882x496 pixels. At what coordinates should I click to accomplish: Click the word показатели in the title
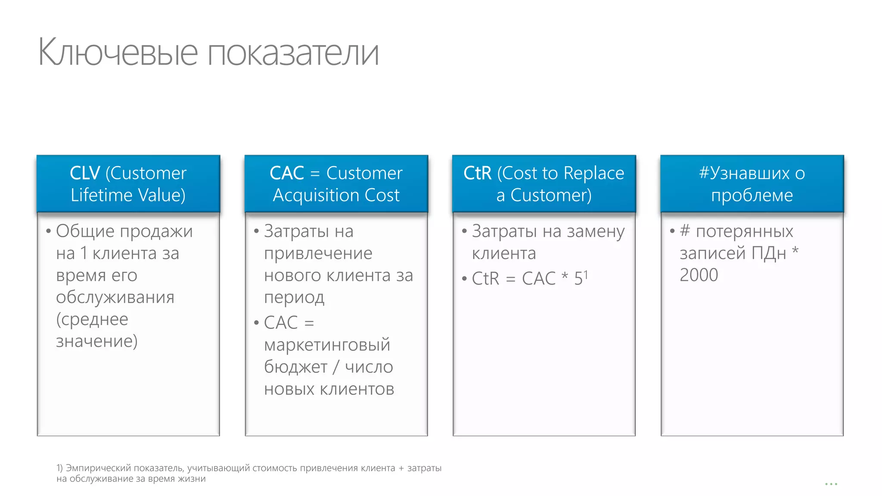(293, 53)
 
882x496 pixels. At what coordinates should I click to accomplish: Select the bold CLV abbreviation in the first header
(85, 173)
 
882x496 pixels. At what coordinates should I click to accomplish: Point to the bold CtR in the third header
(477, 173)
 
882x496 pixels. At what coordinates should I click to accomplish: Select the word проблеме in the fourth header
(752, 195)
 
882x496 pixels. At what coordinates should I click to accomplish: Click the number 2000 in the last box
(699, 275)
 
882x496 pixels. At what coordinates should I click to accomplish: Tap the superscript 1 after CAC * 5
(586, 275)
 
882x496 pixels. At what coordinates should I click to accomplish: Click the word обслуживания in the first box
(115, 297)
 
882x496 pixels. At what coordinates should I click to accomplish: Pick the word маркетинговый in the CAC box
(327, 345)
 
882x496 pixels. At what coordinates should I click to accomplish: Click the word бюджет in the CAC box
(295, 367)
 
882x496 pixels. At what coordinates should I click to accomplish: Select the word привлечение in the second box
(318, 253)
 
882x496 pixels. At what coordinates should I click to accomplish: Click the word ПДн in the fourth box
(769, 253)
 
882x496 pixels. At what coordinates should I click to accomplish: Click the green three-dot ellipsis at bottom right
(831, 484)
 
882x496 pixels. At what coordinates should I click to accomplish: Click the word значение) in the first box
(96, 341)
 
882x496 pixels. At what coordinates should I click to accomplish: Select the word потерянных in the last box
(744, 232)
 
